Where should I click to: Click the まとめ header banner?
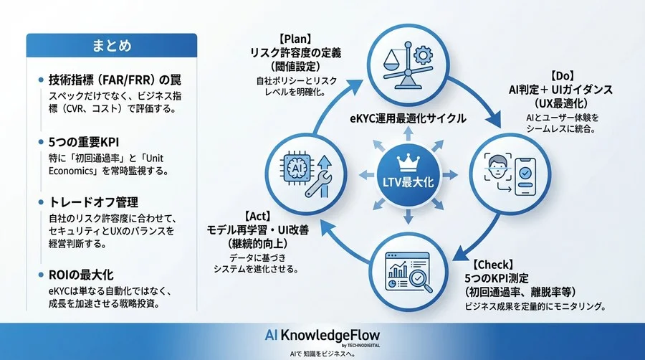click(x=111, y=46)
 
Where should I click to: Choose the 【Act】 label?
click(x=257, y=215)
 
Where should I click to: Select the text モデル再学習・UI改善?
click(x=257, y=229)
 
